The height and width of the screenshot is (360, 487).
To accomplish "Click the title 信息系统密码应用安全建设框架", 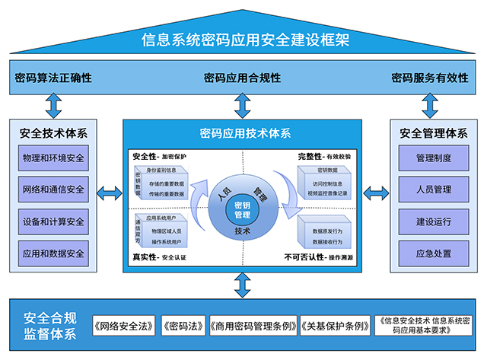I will tap(243, 40).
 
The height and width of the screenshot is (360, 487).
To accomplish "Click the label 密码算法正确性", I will tap(53, 78).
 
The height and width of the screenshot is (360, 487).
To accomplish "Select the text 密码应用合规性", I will tap(243, 78).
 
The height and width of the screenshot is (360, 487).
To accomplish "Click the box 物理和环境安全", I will tap(54, 158).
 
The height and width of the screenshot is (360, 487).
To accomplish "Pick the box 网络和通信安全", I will tap(54, 190).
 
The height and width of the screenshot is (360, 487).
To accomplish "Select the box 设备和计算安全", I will tap(54, 221).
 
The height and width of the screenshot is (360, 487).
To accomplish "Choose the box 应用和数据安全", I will tap(54, 253).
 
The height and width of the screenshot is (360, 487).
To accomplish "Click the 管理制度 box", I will tap(434, 158).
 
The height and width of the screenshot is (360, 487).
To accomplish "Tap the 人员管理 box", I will tap(434, 190).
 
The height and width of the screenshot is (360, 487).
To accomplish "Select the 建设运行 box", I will tap(434, 221).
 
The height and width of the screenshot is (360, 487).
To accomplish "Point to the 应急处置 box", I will tap(434, 253).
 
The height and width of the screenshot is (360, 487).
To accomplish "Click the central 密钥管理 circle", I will tap(242, 209).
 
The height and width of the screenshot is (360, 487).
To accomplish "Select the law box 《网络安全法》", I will tap(125, 325).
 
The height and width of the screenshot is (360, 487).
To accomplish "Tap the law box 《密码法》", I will tap(183, 325).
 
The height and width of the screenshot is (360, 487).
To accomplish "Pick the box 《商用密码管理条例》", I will tap(252, 325).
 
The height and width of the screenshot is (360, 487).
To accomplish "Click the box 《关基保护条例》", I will tap(335, 325).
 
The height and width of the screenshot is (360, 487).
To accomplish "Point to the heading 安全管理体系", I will tap(434, 133).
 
